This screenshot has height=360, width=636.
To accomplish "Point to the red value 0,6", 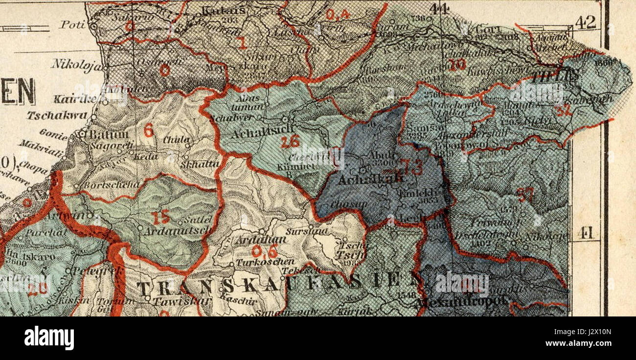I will click(264, 251).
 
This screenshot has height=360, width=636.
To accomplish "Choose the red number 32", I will click(564, 110).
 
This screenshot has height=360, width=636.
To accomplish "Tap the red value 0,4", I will click(338, 15).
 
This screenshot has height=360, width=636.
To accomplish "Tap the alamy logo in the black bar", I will click(49, 338).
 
